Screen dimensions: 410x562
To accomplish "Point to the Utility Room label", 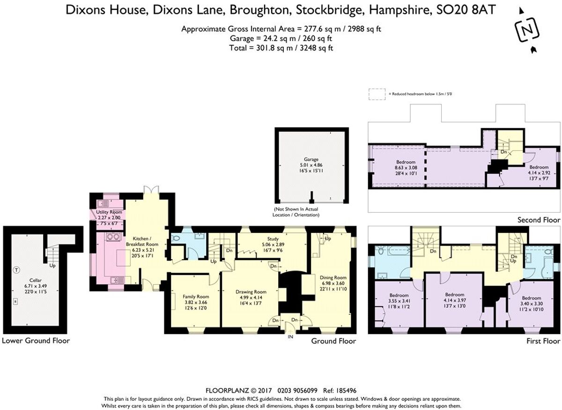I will point(109,212).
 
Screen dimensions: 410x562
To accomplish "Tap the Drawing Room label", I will point(251,292).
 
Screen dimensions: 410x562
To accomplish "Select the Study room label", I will point(273,239).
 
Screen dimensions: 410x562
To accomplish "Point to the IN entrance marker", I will point(291,336).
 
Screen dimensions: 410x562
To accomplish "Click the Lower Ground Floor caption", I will point(36,341).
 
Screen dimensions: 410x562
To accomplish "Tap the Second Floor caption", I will point(539,220).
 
